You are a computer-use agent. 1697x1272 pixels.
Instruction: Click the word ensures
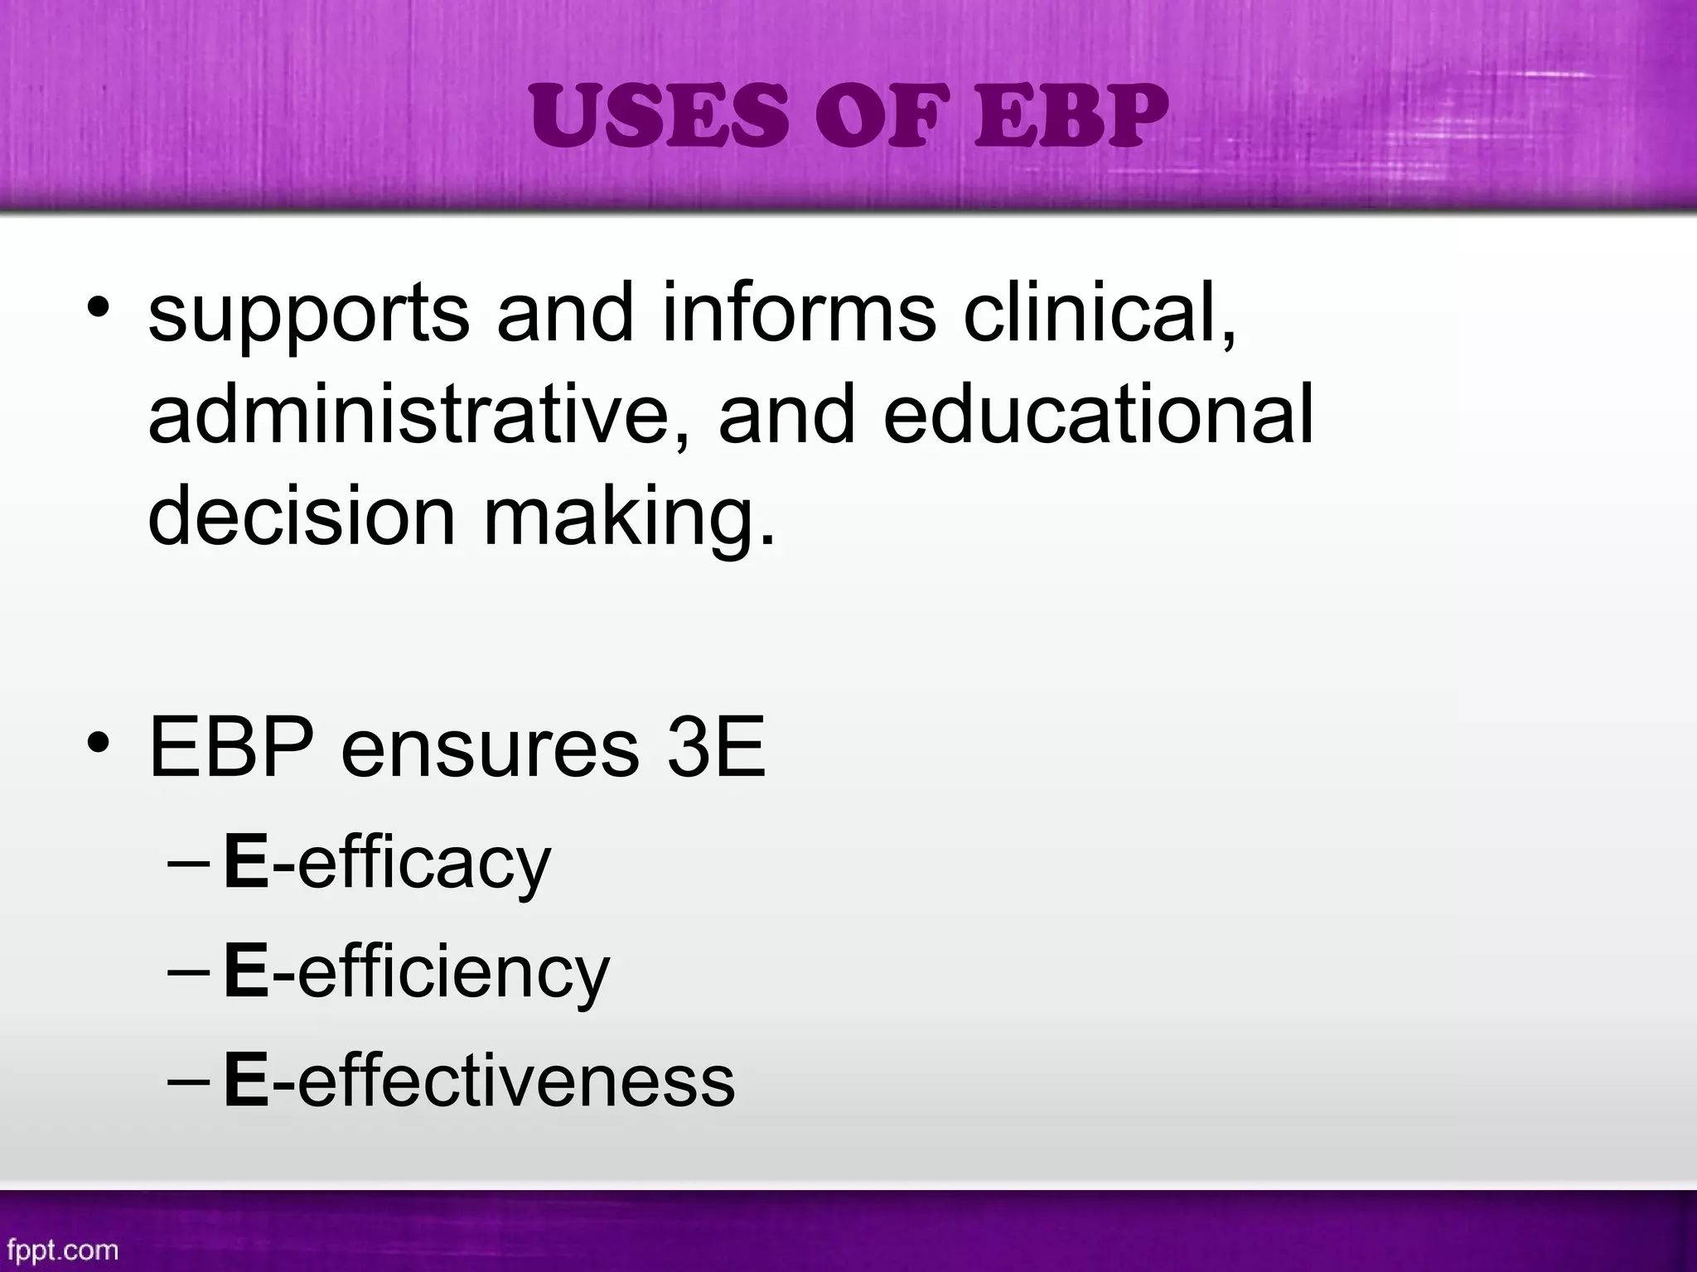[x=490, y=748]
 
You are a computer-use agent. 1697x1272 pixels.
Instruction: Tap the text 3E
[x=717, y=747]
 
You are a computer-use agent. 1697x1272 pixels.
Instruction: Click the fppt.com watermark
[x=63, y=1250]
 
